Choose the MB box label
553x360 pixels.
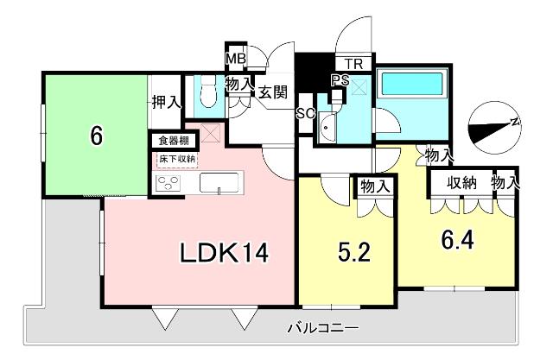click(x=236, y=59)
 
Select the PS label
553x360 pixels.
click(x=340, y=81)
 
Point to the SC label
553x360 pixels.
click(x=304, y=112)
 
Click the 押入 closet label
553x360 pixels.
click(x=166, y=102)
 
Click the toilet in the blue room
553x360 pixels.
click(x=207, y=90)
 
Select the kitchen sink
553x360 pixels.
click(x=222, y=183)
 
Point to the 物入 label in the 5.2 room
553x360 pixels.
click(x=374, y=186)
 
